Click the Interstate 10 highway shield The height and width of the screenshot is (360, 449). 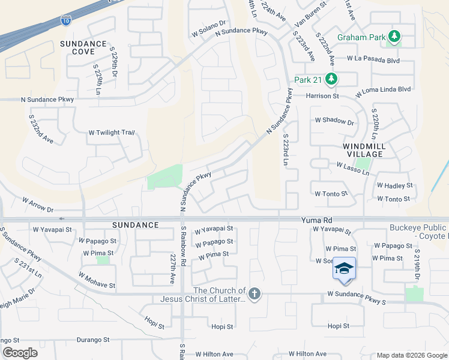(x=65, y=22)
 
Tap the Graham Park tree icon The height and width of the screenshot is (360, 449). (x=394, y=37)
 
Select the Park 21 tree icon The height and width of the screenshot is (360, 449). (x=331, y=79)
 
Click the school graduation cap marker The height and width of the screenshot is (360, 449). (x=344, y=268)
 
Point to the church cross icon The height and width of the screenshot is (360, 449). (x=255, y=294)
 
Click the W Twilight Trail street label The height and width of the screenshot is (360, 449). (x=111, y=133)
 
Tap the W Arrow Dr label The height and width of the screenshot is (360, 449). (x=38, y=205)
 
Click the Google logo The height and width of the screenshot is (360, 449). (x=20, y=353)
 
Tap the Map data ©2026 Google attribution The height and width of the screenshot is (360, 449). (x=412, y=355)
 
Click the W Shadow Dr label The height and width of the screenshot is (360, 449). (x=334, y=121)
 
